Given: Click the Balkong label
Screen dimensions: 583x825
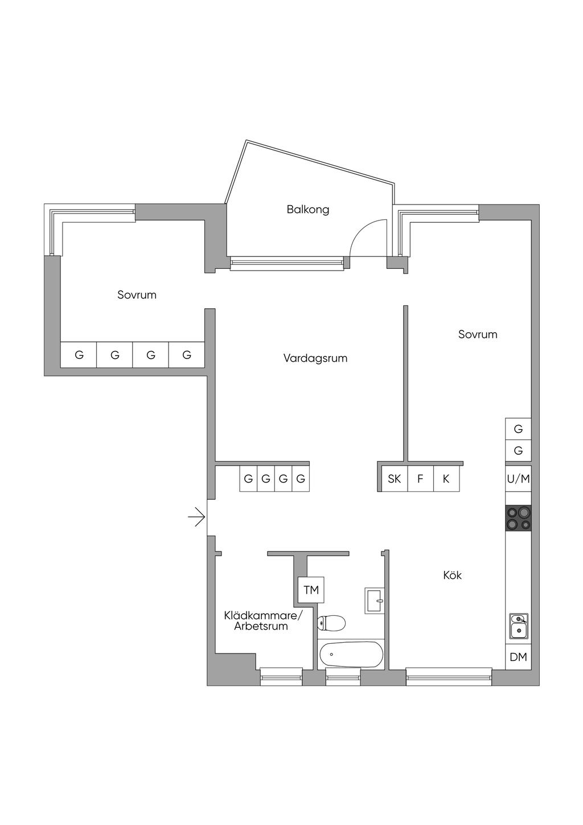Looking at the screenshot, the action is coord(307,210).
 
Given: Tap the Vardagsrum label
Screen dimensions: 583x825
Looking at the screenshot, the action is coord(315,358).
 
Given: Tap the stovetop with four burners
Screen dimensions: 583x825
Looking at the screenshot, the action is coord(518,518).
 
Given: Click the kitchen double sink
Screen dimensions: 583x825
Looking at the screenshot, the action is coord(519,626).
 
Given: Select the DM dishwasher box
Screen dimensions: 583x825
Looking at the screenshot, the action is coord(518,657).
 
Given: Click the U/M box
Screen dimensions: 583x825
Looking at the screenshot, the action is coord(518,479).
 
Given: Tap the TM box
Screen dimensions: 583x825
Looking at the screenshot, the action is coord(311,590).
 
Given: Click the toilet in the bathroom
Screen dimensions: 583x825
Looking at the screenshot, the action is coord(331,623).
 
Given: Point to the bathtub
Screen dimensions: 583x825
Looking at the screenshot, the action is coord(351,654).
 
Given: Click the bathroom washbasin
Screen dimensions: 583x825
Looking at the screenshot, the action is coord(374,601).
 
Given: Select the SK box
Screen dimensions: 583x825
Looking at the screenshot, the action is coord(394,479).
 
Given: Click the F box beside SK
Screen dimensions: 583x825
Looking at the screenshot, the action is coord(420,479).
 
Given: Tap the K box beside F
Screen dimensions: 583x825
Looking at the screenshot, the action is coord(446,479).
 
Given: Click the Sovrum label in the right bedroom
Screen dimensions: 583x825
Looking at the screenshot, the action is coord(477,334).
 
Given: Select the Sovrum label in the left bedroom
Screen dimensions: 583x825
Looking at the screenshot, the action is coord(137,295).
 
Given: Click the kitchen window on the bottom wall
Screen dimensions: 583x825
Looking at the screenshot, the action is coord(449,676).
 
